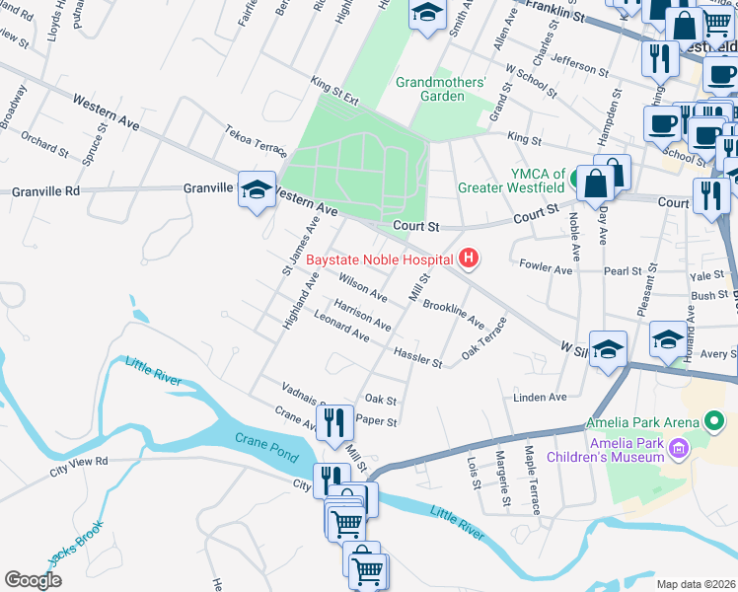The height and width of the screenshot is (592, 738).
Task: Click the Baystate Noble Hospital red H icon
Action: [469, 259]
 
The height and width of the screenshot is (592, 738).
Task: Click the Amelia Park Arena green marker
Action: [717, 422]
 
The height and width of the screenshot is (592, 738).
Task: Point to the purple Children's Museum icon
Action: [678, 449]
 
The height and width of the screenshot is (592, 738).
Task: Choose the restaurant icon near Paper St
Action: [336, 423]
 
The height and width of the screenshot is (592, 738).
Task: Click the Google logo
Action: [33, 580]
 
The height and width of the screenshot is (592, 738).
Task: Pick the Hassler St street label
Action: [417, 357]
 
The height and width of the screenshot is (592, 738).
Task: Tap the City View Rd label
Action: [81, 468]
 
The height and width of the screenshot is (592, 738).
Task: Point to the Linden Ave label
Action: [540, 398]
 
